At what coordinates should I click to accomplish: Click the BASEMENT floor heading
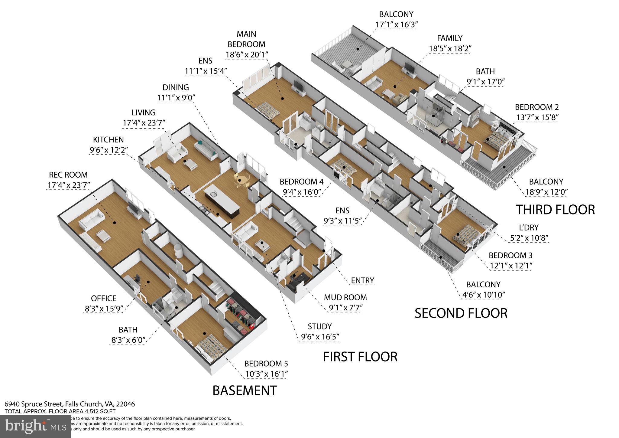(245, 390)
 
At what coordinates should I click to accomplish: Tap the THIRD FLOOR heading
(555, 210)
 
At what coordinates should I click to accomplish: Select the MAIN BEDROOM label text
(246, 39)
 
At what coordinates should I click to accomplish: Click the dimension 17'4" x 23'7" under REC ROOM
(69, 185)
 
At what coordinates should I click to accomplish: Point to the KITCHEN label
(108, 139)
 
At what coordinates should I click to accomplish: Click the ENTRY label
(362, 280)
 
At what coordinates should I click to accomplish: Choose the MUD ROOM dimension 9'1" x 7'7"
(345, 308)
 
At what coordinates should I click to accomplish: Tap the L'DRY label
(528, 227)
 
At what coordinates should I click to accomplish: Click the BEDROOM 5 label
(266, 363)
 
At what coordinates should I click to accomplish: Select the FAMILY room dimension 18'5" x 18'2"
(450, 48)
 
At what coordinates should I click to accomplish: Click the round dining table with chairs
(241, 181)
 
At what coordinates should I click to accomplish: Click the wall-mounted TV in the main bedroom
(298, 86)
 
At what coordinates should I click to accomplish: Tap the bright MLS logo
(35, 426)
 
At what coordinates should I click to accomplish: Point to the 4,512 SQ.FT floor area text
(99, 411)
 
